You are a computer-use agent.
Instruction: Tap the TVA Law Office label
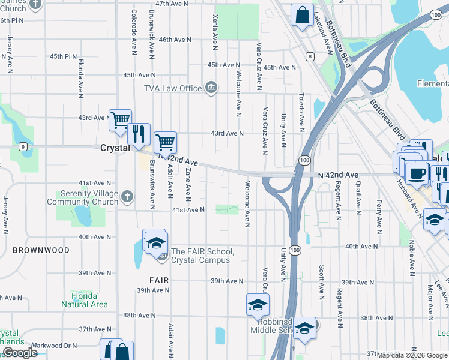[172, 88]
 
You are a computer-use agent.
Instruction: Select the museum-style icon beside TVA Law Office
[211, 88]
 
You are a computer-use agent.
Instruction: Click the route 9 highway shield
[22, 146]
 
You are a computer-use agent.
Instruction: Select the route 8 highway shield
[310, 56]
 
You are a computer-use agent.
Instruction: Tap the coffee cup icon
[416, 173]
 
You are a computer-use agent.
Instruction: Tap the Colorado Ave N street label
[134, 29]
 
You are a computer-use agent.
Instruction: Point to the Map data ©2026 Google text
[411, 355]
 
